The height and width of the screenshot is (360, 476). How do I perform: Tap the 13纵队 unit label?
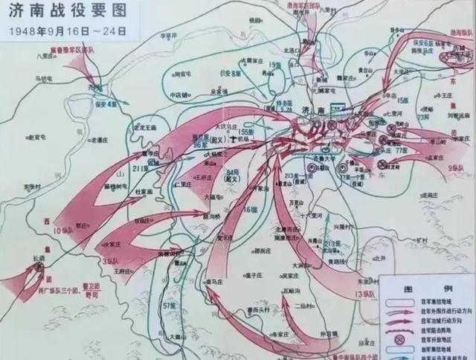[x=365, y=295]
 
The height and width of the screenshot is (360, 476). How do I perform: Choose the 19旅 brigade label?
[x=276, y=65]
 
